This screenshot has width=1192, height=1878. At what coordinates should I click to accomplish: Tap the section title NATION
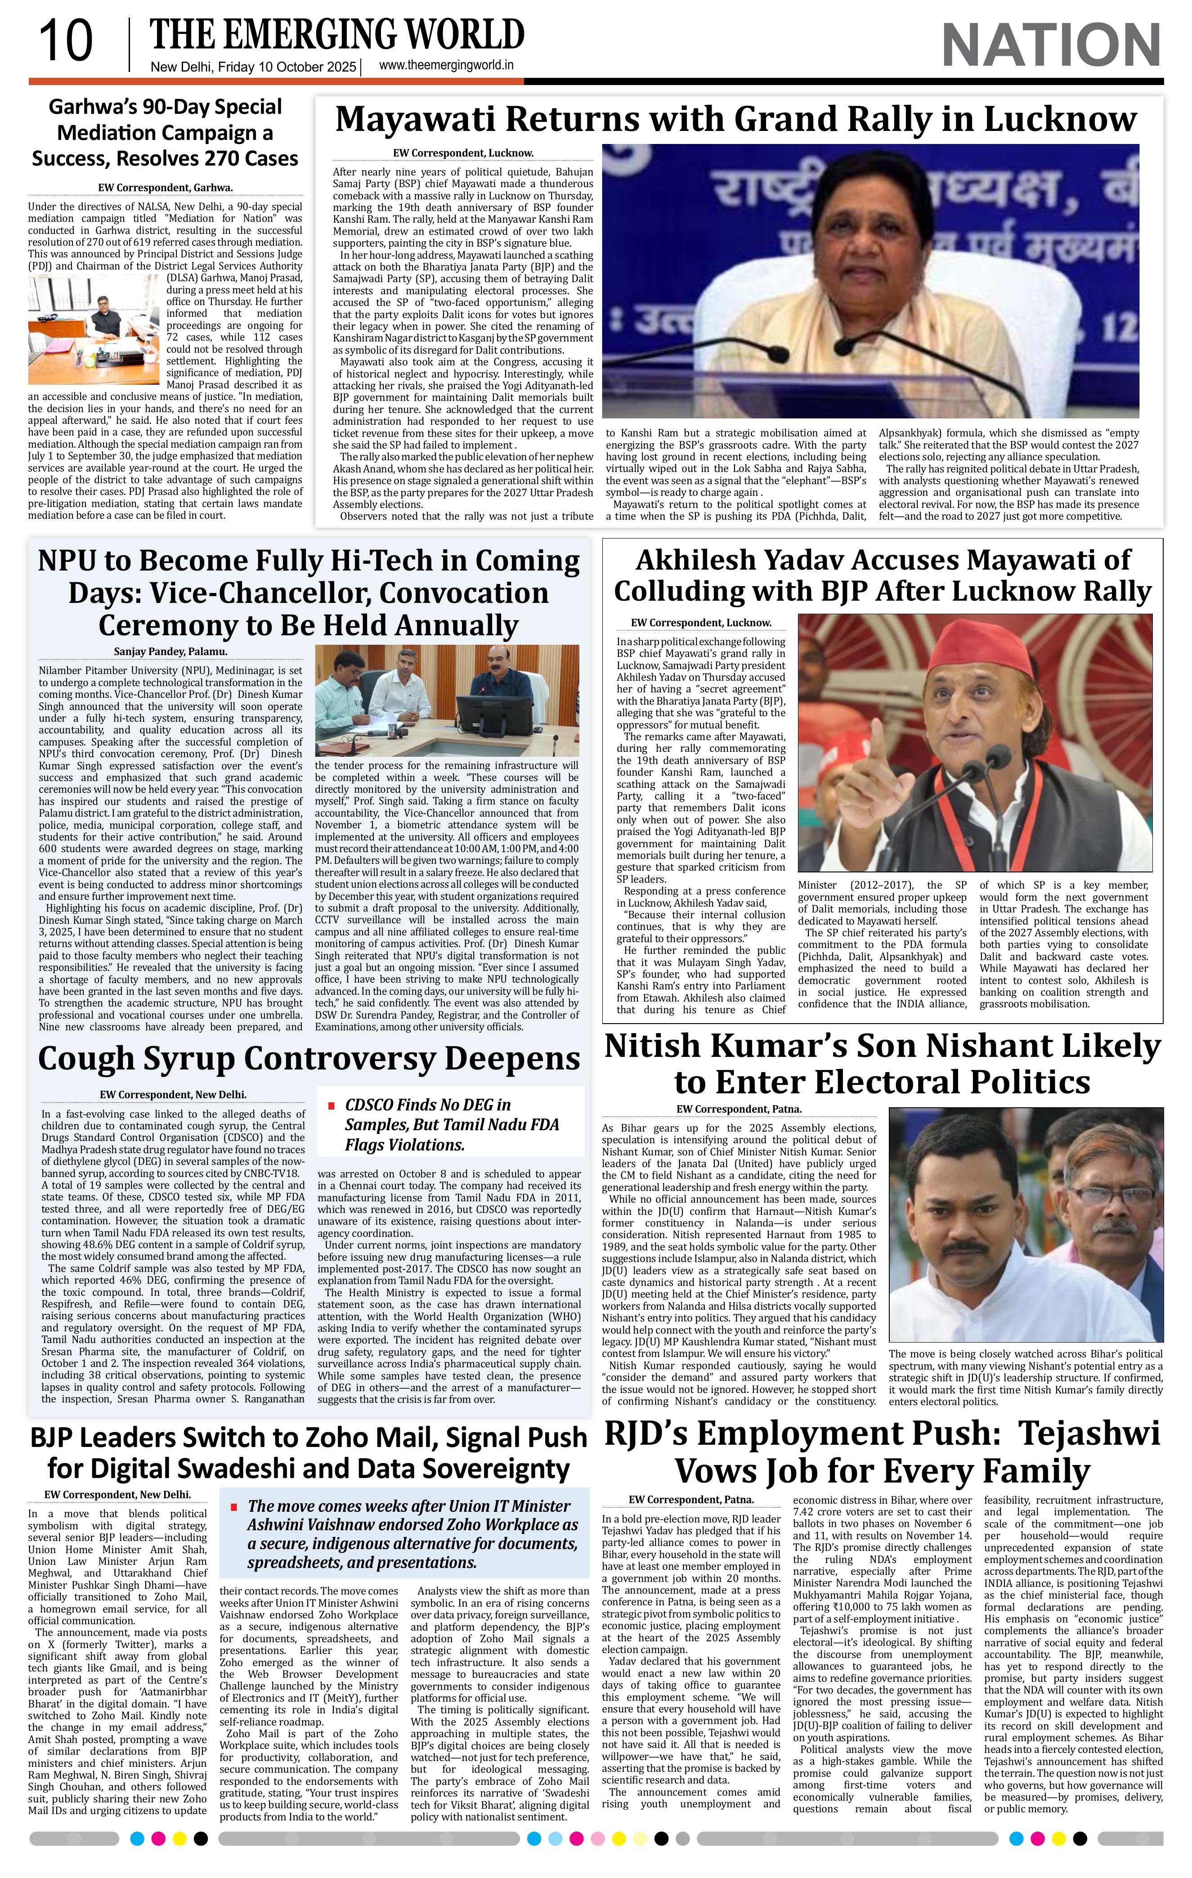[1051, 45]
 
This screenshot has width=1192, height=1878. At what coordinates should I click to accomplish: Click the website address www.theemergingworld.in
[446, 66]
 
